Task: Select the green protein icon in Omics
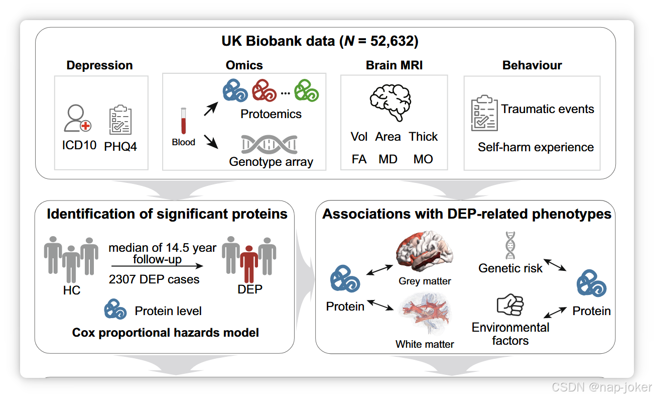pos(307,90)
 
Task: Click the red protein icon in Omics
pos(264,91)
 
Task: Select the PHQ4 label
pos(120,147)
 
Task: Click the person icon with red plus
pos(77,120)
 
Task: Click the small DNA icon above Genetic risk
pos(510,245)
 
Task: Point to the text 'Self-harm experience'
pos(536,147)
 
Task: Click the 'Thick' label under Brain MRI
pos(423,137)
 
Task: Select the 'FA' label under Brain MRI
pos(359,159)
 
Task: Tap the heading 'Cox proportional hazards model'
pos(166,333)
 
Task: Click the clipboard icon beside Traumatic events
pos(484,113)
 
